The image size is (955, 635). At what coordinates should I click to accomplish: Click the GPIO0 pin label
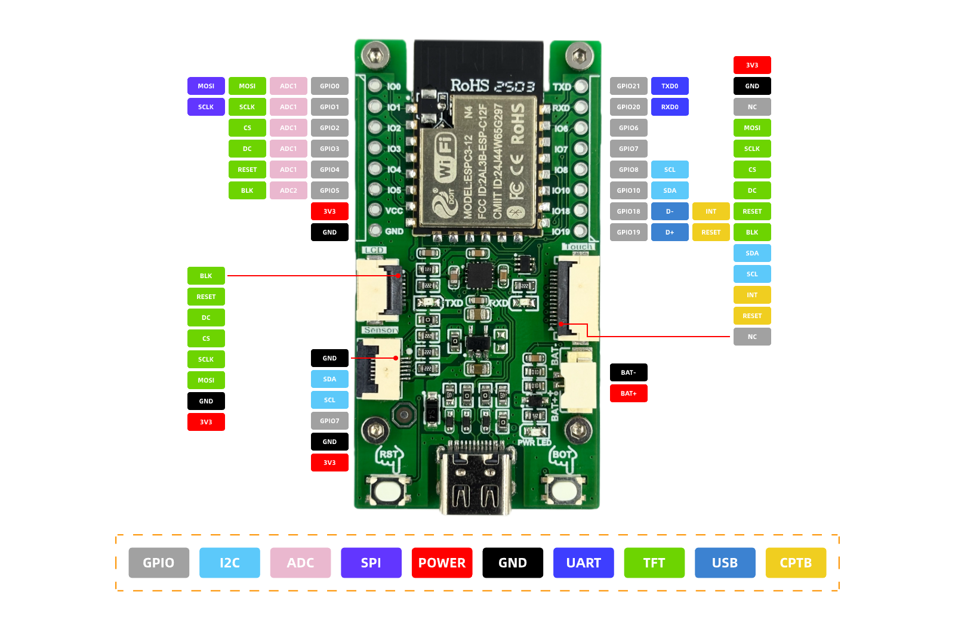[329, 86]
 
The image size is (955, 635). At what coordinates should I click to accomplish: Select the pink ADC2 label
[288, 190]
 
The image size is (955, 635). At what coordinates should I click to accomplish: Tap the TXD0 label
[670, 86]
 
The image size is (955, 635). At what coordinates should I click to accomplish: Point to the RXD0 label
[670, 107]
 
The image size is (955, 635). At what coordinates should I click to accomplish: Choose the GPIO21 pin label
[629, 86]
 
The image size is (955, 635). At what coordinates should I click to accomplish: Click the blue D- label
[670, 211]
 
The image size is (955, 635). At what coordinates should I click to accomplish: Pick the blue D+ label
[670, 232]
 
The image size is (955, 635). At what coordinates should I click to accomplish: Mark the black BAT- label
[629, 372]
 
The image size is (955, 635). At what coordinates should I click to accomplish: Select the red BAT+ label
[629, 393]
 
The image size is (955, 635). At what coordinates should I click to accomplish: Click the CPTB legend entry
[796, 563]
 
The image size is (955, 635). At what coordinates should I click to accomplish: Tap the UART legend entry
[583, 563]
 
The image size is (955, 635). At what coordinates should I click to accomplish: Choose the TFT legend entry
[654, 563]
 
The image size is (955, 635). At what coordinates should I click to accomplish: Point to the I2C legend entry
[230, 563]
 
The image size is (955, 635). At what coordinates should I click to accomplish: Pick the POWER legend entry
[442, 563]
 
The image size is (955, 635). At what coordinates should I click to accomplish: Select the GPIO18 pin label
[629, 211]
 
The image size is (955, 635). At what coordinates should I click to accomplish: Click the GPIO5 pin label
[329, 190]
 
